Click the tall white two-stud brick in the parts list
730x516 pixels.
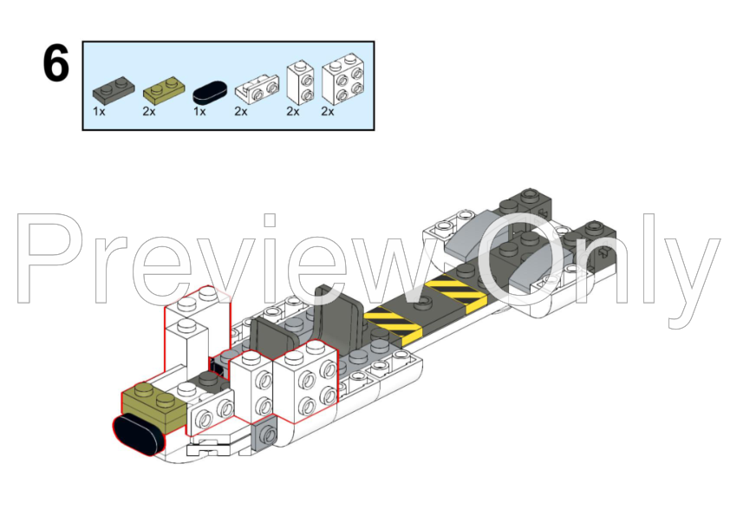(x=300, y=82)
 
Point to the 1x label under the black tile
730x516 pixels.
(x=199, y=112)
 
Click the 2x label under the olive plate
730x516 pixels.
(x=148, y=112)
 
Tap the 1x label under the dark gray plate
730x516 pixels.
(x=99, y=112)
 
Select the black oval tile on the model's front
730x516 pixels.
(x=137, y=433)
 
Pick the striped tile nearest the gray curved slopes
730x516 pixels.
(x=455, y=294)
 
